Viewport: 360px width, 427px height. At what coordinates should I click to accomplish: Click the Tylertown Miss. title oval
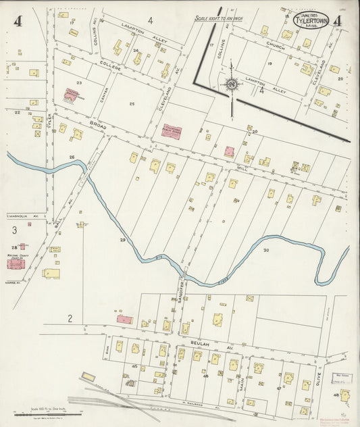(311, 18)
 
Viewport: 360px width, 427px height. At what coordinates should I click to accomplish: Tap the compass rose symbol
(231, 84)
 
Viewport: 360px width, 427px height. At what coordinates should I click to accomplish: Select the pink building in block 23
(71, 96)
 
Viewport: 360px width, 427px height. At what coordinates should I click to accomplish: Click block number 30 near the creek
(265, 251)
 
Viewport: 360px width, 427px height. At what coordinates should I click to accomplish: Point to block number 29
(122, 240)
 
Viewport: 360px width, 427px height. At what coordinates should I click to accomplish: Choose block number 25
(132, 103)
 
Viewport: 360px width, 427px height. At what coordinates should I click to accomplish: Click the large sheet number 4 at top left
(18, 21)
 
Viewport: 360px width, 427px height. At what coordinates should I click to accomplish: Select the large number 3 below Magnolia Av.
(14, 230)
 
